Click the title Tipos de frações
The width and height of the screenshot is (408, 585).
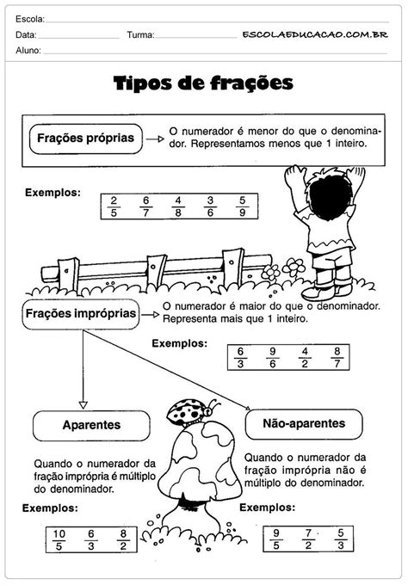[x=204, y=83]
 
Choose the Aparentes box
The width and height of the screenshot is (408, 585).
[x=90, y=426]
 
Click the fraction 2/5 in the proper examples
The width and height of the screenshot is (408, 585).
[x=113, y=207]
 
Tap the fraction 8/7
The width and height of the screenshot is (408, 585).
[x=336, y=357]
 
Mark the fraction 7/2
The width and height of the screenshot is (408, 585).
[x=308, y=538]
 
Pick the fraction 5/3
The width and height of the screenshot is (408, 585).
[x=341, y=538]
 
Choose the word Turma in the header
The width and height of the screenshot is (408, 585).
[x=140, y=35]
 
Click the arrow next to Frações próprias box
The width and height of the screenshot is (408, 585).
[x=155, y=137]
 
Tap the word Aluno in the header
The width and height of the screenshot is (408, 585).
[x=28, y=52]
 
